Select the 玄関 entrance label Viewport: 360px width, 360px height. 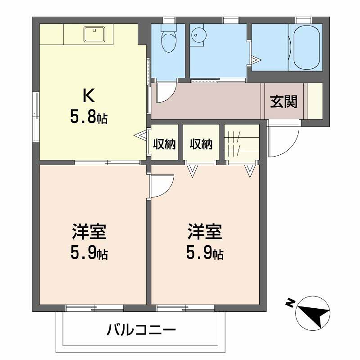point(283,100)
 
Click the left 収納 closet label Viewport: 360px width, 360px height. point(165,144)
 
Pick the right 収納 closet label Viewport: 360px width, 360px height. point(201,144)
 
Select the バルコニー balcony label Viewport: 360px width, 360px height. point(139,329)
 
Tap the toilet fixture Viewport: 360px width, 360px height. point(168,42)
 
